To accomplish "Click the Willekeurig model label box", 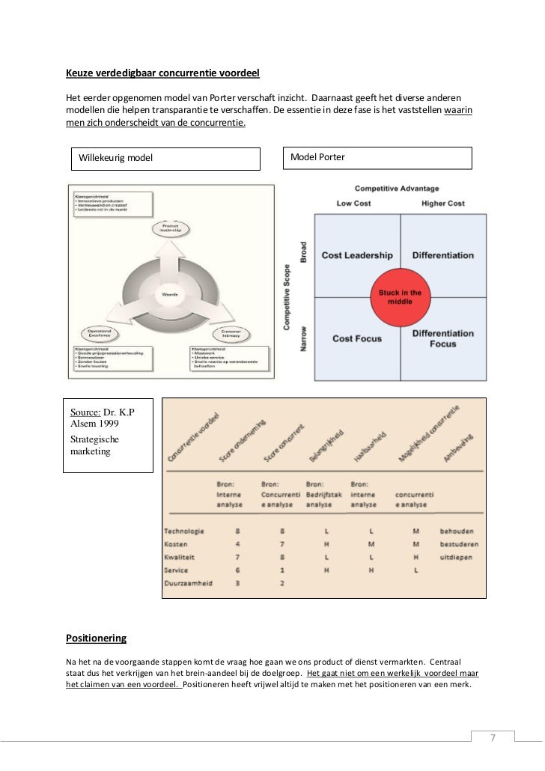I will (x=165, y=157).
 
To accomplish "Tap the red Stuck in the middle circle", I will (x=401, y=297).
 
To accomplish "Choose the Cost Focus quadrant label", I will (x=357, y=338).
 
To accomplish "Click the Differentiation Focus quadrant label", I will (x=442, y=338).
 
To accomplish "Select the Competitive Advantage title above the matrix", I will (x=397, y=188).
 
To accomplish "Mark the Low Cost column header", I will (x=354, y=204).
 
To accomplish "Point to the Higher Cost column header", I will (x=443, y=204).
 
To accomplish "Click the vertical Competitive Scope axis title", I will (x=287, y=296).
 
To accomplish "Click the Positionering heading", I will (x=97, y=639).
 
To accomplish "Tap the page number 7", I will (x=493, y=737).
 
